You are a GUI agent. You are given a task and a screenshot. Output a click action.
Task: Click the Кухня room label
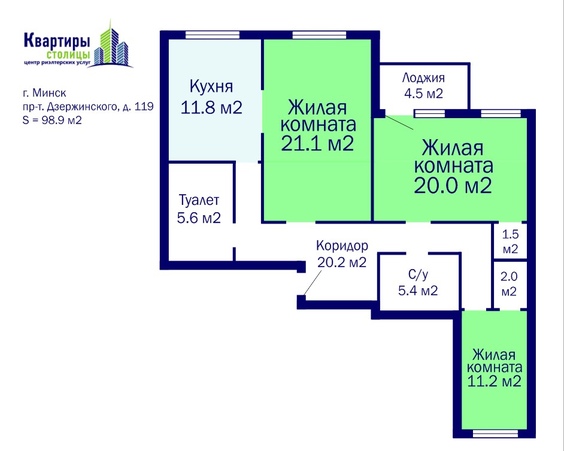point(211,87)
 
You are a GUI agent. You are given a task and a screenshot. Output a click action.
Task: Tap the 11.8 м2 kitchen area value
point(211,107)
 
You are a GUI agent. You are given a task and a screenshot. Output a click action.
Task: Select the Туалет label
point(199,200)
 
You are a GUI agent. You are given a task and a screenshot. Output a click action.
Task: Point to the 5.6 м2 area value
point(199,218)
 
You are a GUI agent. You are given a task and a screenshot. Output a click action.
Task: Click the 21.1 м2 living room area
point(318,143)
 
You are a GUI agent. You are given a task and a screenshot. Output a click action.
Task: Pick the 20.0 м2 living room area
point(452,186)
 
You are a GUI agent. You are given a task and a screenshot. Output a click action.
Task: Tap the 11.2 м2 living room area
point(494,381)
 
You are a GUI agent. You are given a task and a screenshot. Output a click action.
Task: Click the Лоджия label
point(423,78)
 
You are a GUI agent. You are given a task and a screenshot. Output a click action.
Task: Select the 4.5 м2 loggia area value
point(423,94)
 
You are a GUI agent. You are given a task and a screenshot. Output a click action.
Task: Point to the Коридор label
point(342,246)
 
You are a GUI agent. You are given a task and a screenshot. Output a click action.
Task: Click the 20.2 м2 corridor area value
point(342,262)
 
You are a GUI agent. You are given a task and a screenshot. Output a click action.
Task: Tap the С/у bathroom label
point(418,275)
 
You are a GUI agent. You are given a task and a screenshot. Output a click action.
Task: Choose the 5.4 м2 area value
point(418,290)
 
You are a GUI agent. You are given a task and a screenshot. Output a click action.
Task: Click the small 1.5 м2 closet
point(510,241)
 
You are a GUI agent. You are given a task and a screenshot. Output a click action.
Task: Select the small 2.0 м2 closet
point(510,284)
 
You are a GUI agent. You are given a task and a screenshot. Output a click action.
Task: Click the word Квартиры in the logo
point(57,40)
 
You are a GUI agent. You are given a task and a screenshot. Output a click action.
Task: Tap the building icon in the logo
point(111,45)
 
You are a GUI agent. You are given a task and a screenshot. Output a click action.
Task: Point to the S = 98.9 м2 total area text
point(52,120)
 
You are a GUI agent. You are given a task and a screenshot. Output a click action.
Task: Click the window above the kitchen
point(212,35)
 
